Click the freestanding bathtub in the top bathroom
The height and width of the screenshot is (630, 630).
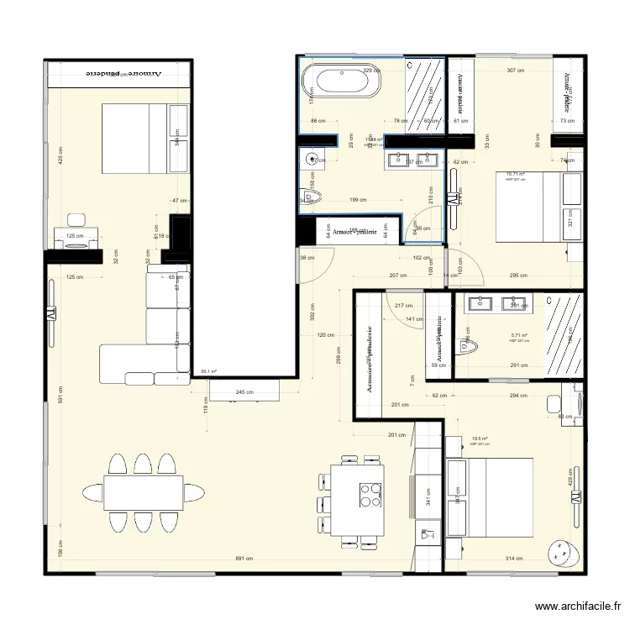click(x=340, y=81)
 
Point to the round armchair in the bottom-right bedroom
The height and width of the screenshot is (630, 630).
click(x=561, y=553)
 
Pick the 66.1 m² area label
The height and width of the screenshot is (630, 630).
click(x=207, y=370)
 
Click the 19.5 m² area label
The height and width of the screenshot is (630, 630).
click(x=480, y=438)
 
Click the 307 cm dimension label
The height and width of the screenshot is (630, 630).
click(x=514, y=71)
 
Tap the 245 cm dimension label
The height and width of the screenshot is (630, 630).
click(x=244, y=392)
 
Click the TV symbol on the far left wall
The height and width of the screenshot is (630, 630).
click(x=50, y=312)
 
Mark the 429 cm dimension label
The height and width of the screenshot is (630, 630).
click(x=571, y=479)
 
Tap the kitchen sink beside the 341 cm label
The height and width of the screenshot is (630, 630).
click(x=426, y=534)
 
